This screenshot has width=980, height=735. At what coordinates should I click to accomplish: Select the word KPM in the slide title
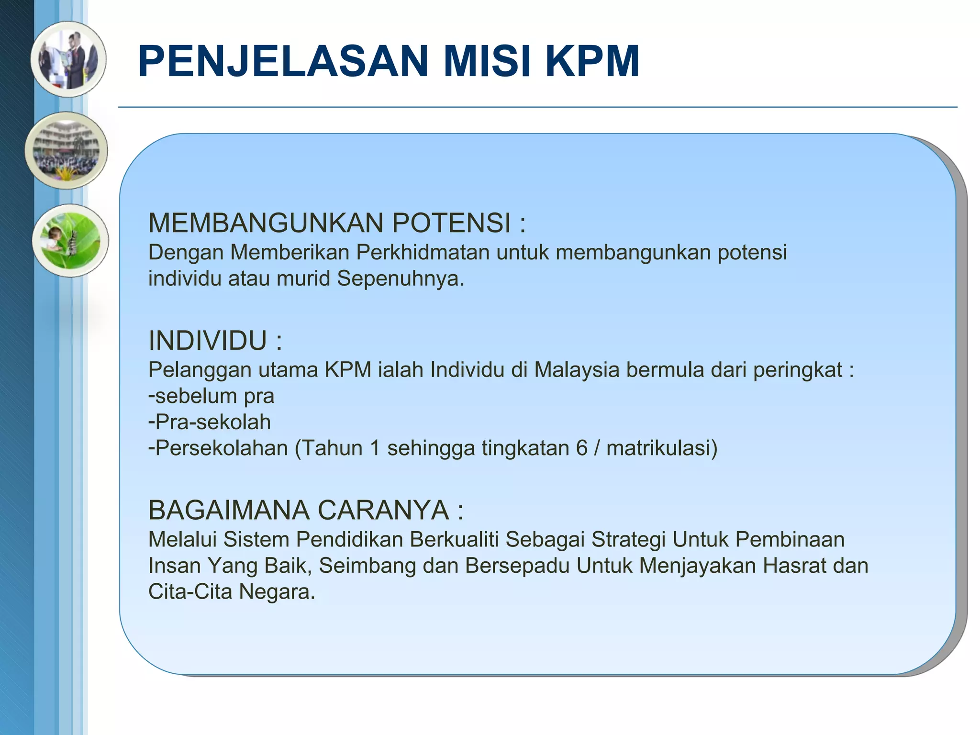(592, 61)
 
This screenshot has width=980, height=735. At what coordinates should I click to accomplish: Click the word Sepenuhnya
(400, 278)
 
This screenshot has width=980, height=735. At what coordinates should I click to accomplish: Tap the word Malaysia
(577, 370)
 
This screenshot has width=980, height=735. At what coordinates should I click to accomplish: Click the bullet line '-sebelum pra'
(211, 396)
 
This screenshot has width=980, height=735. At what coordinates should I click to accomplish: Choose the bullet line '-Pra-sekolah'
(210, 422)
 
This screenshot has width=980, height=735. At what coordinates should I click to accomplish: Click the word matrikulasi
(661, 448)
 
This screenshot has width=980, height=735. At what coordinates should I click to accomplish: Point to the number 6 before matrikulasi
(581, 448)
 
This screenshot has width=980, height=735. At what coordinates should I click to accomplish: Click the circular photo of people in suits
(68, 59)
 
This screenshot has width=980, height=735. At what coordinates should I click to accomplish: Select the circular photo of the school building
(67, 151)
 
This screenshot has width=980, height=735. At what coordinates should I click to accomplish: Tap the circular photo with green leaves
(70, 240)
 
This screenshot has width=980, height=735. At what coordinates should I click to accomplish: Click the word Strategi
(628, 539)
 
